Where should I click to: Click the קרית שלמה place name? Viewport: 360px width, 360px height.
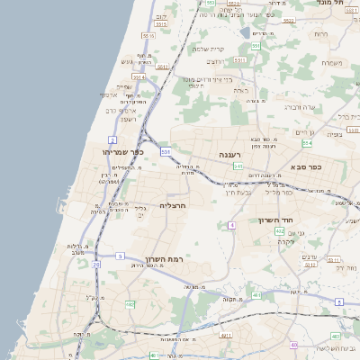pos(214,49)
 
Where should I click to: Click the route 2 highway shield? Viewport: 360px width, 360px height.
pos(112,140)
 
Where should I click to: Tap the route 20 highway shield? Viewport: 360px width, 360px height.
pos(95,264)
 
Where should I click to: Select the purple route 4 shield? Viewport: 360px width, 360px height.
pos(231,224)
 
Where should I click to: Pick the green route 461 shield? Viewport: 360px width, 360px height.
pos(256,294)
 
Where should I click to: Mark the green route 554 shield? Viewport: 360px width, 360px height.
pos(307,143)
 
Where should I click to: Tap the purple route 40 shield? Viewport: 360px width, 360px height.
pos(293,346)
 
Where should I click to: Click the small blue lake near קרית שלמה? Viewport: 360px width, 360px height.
pos(246,33)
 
